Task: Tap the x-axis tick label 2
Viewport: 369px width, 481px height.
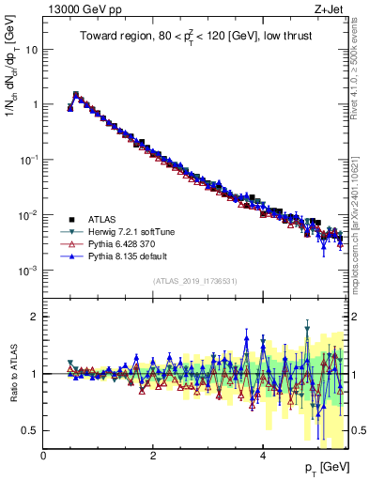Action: [x=154, y=456]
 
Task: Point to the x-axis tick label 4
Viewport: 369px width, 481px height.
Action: [x=263, y=456]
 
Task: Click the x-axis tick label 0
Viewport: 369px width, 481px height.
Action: [x=44, y=456]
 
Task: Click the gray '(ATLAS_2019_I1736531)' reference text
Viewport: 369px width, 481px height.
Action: [x=195, y=281]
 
